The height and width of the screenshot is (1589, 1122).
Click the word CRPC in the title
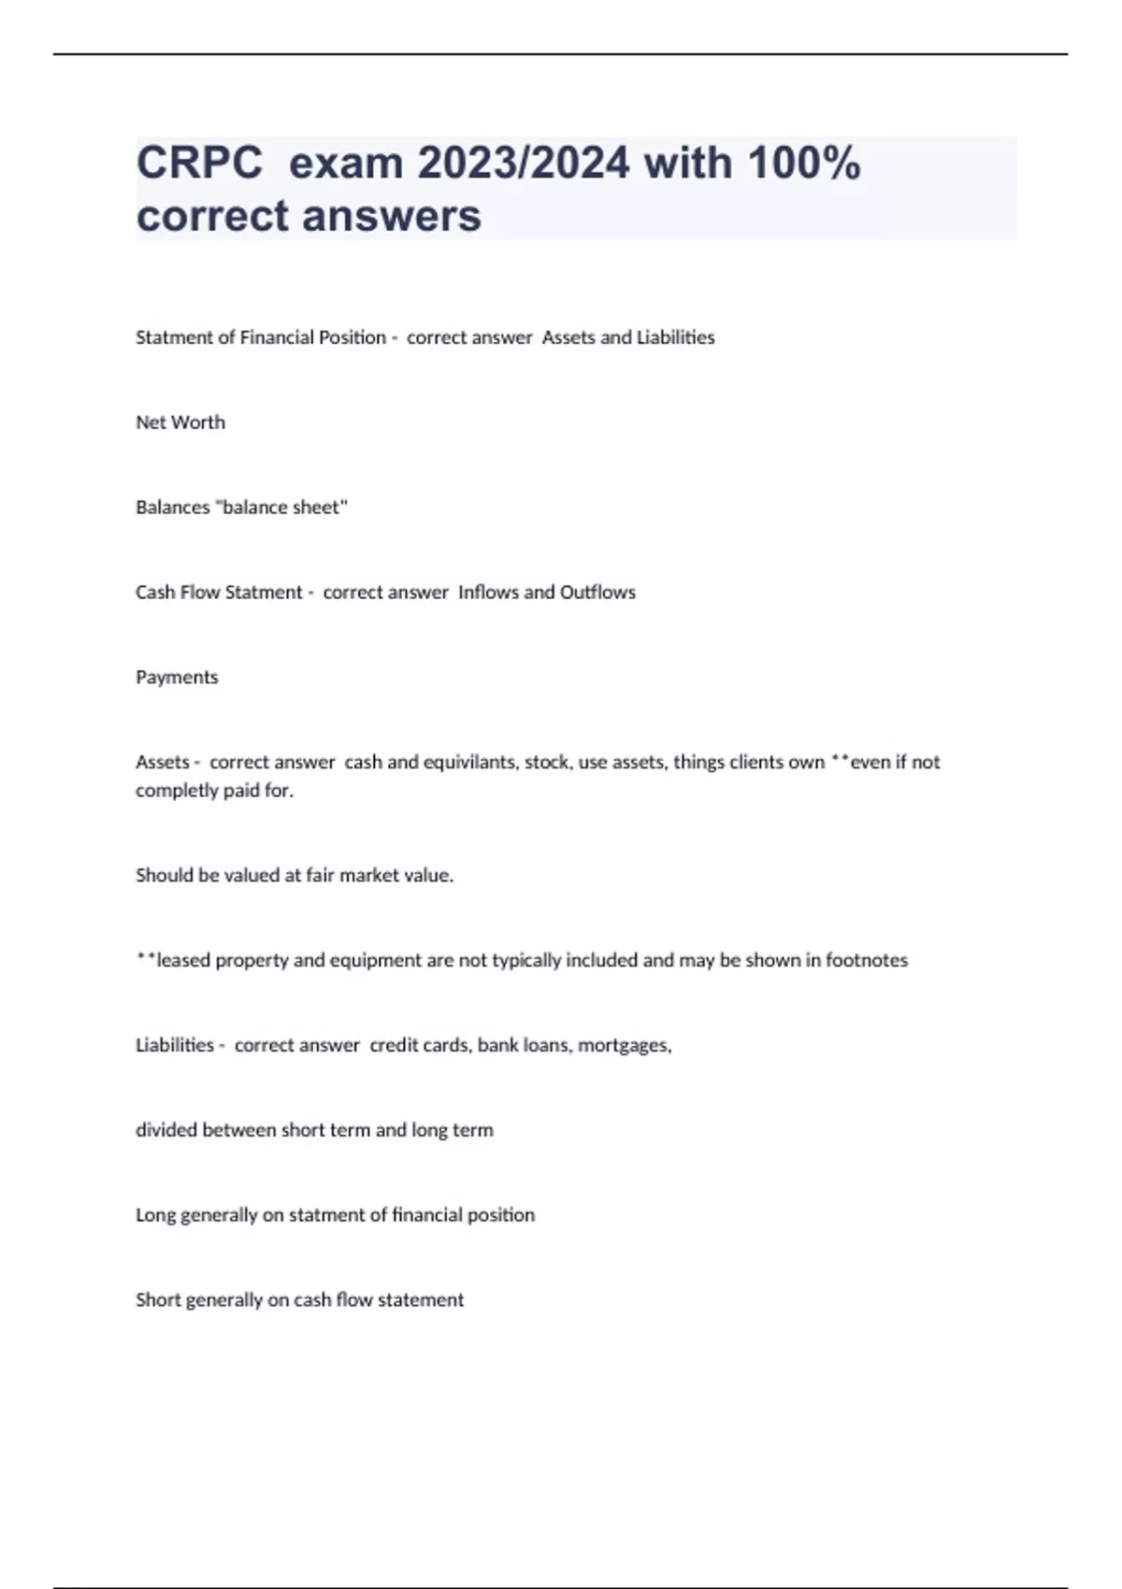199,164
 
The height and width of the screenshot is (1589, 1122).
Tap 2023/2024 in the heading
523,164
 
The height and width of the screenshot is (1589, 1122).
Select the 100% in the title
804,164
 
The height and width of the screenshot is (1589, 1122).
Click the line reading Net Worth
180,422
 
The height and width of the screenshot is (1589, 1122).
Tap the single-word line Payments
177,678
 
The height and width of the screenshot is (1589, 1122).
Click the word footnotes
866,961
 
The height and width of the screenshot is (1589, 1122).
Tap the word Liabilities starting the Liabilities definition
175,1045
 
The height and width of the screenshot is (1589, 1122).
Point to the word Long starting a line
154,1215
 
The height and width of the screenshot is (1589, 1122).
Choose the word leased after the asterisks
183,961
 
